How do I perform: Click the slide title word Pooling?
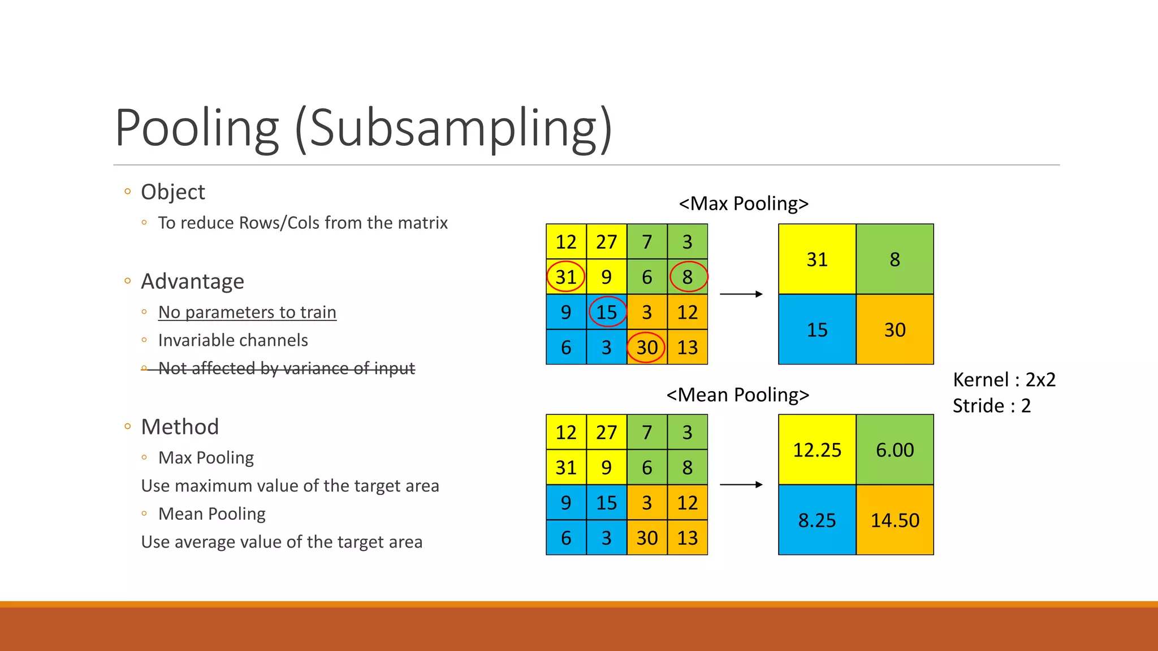point(197,128)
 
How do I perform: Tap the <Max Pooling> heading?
point(744,203)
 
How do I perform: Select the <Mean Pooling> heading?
point(737,394)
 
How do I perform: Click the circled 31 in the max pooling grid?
point(566,277)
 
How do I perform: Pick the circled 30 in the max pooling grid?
point(647,347)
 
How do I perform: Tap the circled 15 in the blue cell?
point(607,312)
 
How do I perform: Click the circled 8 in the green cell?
point(688,277)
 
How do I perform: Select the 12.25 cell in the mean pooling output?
point(817,450)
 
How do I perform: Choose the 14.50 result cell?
point(895,520)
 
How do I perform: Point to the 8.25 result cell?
point(817,520)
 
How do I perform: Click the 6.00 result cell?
point(895,450)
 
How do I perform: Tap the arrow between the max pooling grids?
point(741,294)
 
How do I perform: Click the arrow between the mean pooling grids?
point(741,484)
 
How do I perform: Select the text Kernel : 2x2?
point(1004,380)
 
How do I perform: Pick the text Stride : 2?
point(992,406)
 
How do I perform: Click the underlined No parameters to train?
point(247,312)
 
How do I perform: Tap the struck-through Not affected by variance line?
point(286,368)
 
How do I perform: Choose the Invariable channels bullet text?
point(233,340)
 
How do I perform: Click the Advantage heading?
point(192,281)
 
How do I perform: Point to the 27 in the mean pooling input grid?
point(607,432)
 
